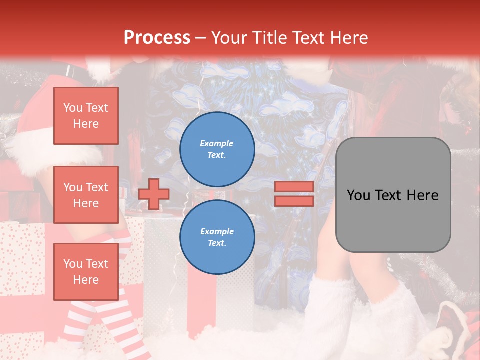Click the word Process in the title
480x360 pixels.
[157, 38]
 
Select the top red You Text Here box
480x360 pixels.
[86, 116]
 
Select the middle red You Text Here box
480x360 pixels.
[86, 195]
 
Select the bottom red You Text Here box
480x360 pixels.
[86, 271]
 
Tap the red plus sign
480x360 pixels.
[154, 194]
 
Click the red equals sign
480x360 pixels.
[294, 194]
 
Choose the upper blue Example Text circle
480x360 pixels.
[217, 149]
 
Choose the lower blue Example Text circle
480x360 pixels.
[217, 237]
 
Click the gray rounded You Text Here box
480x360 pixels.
[393, 195]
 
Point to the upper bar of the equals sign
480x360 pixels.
[294, 187]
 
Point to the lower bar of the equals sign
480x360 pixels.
[294, 201]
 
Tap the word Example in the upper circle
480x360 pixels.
[217, 143]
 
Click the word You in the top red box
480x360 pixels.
[72, 108]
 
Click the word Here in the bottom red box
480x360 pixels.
[86, 280]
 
